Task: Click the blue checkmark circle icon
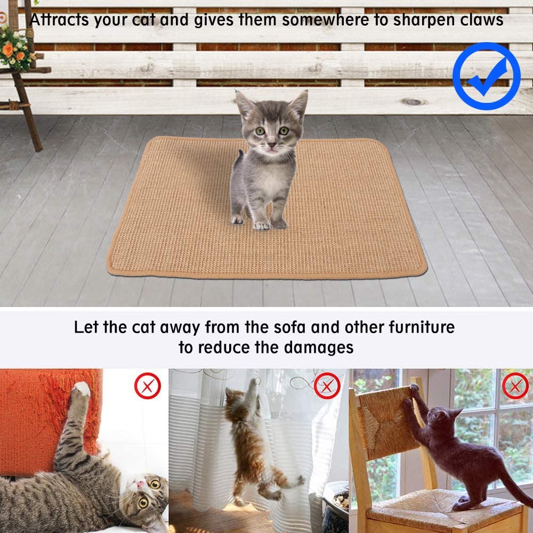point(486,76)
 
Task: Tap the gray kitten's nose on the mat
point(272,144)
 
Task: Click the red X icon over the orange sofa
point(147,386)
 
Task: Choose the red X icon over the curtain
point(327,385)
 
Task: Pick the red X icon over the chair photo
point(515,386)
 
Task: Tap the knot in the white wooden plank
point(414,102)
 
